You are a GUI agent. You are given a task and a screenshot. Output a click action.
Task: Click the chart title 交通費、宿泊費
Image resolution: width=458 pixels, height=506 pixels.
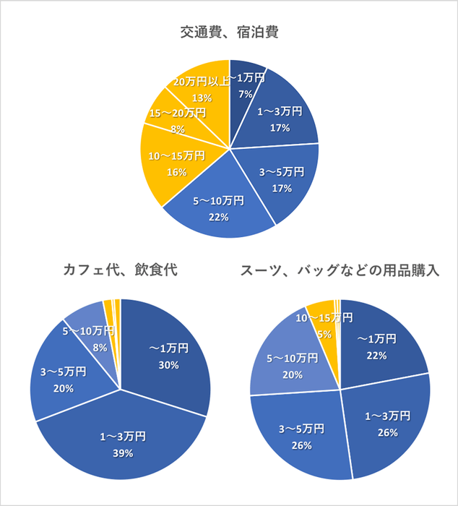[x=230, y=32]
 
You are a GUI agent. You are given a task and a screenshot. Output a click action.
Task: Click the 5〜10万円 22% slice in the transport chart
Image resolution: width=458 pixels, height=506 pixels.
[x=217, y=210]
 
